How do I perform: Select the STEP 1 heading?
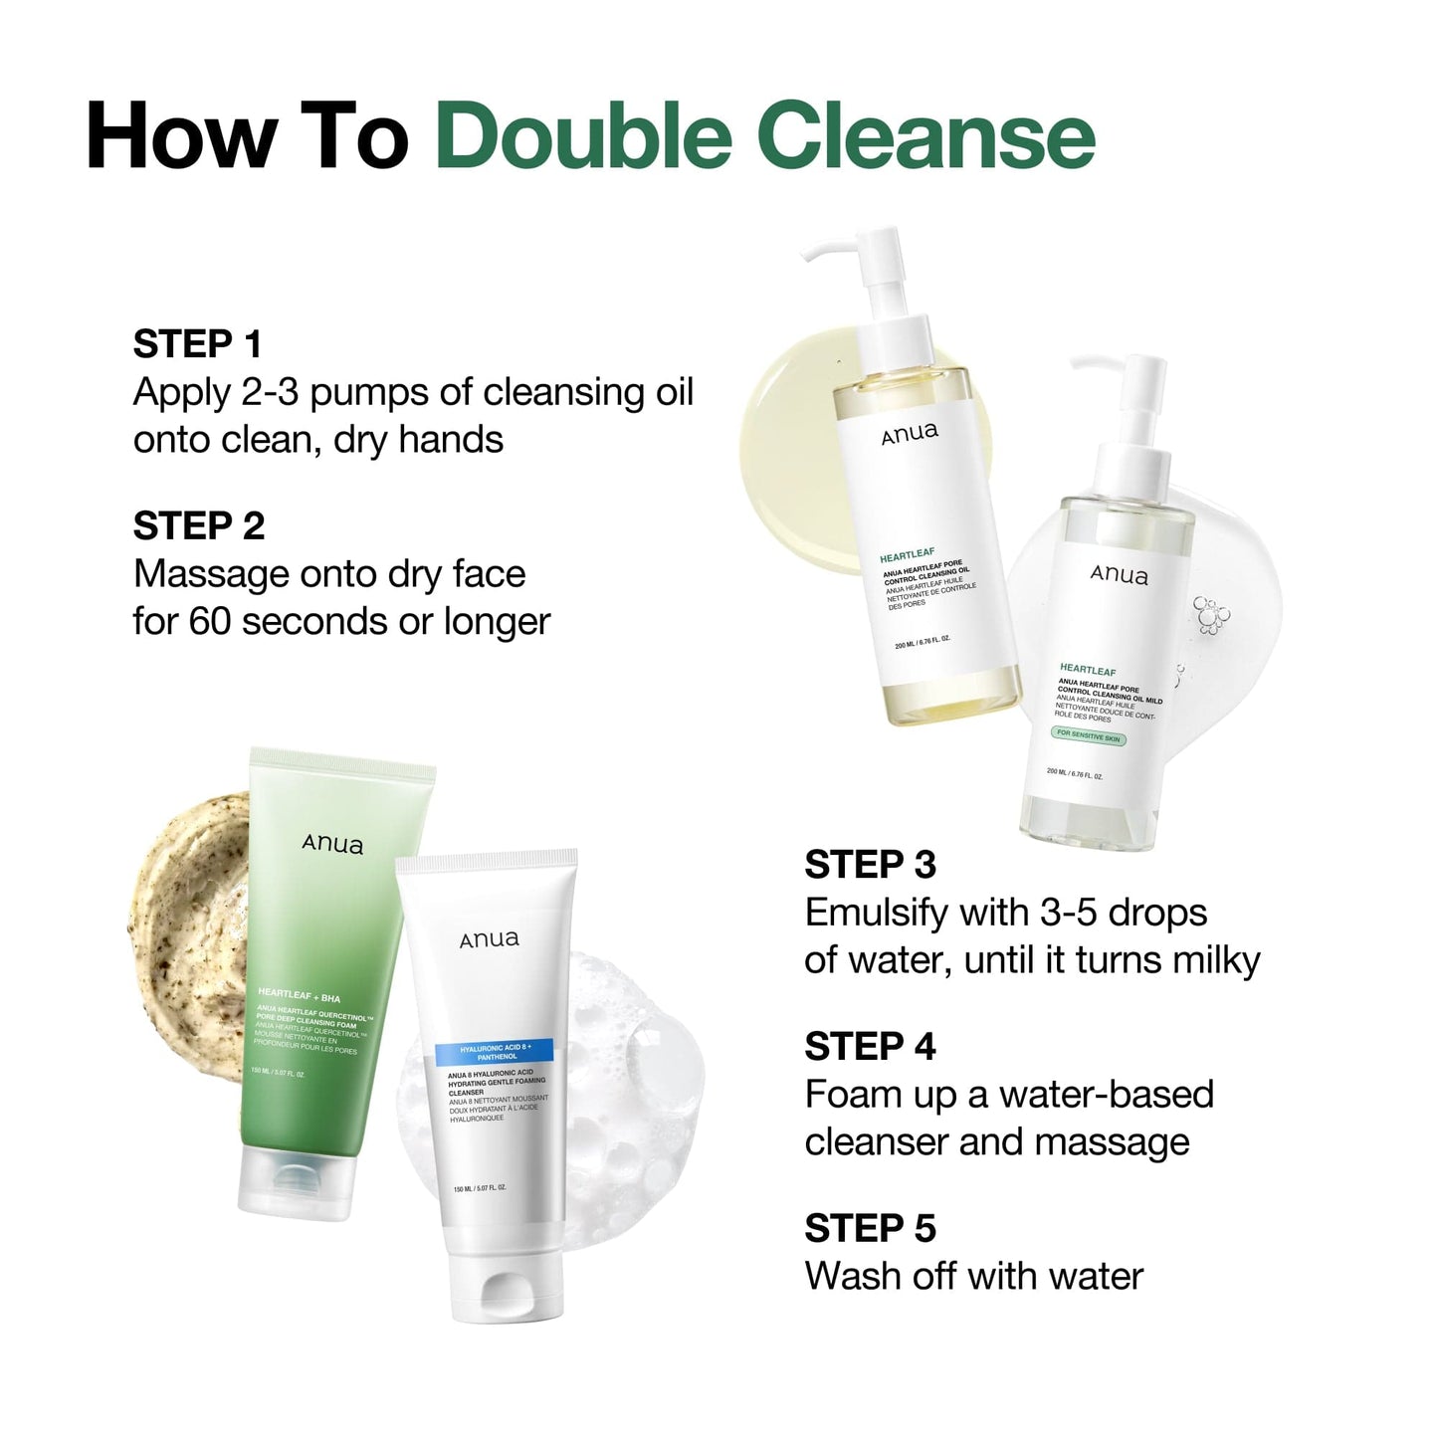197,344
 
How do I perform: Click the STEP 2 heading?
199,526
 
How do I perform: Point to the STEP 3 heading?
870,865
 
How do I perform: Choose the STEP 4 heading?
870,1047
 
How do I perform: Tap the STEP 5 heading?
870,1229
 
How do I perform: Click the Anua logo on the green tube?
332,845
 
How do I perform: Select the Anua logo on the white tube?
489,939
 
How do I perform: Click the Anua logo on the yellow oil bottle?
909,433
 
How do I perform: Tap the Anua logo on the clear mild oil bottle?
1119,575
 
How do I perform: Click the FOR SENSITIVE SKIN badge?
1089,736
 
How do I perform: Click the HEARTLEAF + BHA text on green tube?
299,995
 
